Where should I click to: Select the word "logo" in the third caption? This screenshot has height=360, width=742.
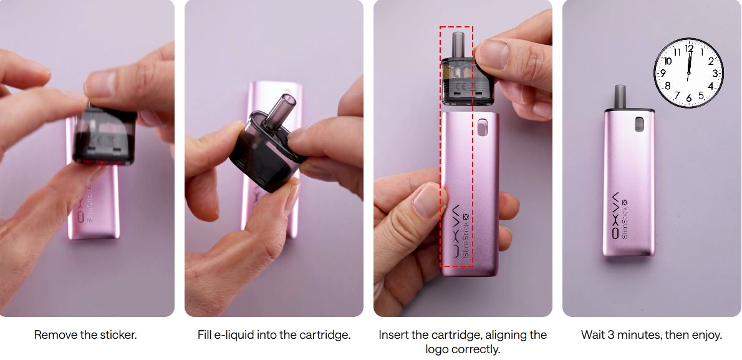(x=436, y=349)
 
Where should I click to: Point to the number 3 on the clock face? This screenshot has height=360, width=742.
(x=716, y=73)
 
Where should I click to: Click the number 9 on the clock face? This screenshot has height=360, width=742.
(x=662, y=73)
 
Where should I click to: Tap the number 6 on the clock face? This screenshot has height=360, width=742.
(x=688, y=99)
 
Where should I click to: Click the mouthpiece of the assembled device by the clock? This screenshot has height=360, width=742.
(x=620, y=97)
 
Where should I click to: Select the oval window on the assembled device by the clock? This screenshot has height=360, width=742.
(x=639, y=124)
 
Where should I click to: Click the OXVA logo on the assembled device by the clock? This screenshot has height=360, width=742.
(x=615, y=215)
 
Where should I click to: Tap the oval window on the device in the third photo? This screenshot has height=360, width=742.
(x=482, y=127)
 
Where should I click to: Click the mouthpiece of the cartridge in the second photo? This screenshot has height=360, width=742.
(x=279, y=111)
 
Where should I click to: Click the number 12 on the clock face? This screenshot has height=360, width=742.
(x=689, y=48)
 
